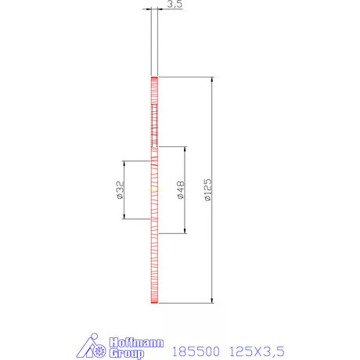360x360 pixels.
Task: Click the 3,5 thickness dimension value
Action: point(175,5)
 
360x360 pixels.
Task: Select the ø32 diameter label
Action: point(120,189)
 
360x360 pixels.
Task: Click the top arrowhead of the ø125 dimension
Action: point(212,80)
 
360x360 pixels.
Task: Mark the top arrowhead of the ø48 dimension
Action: point(184,149)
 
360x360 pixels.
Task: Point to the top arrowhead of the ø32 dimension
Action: point(124,163)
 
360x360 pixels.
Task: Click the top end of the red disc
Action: point(155,78)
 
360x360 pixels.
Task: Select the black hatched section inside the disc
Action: point(155,125)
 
